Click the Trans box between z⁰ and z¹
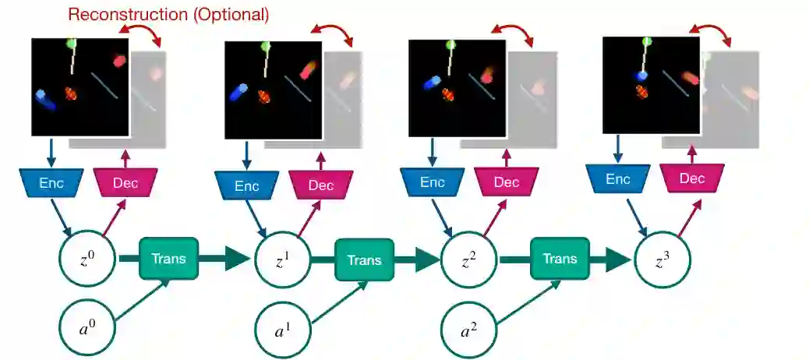coord(169,259)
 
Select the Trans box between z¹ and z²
coord(364,259)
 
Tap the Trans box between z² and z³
coord(560,259)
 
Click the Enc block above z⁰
coord(51,182)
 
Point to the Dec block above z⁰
coord(125,182)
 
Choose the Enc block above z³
coord(618,178)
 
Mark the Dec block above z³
coord(692,178)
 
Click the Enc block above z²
coord(433,182)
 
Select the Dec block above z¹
coord(321,185)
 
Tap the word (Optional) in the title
coord(228,15)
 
